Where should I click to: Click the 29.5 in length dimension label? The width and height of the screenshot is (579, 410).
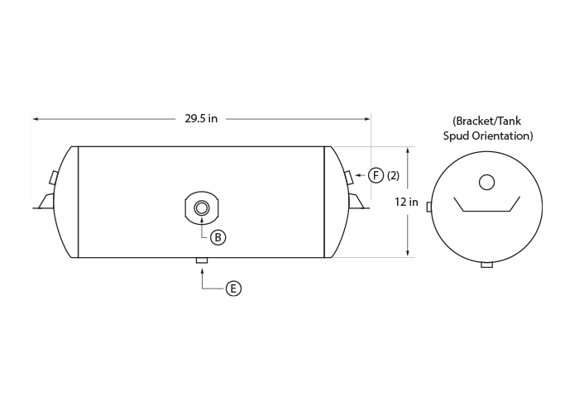(x=201, y=119)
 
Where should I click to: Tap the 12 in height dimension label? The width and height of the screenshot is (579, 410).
(x=406, y=202)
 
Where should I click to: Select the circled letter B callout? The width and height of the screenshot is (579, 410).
(x=218, y=237)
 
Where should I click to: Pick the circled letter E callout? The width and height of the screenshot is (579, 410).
(x=233, y=288)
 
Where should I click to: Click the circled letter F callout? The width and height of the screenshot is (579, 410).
(x=376, y=175)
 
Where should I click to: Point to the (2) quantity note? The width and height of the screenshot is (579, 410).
(x=393, y=176)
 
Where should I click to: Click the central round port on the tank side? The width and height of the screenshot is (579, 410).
(x=202, y=208)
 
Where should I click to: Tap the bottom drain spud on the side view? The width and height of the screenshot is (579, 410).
(x=202, y=260)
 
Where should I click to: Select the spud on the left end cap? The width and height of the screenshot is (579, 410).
(x=54, y=178)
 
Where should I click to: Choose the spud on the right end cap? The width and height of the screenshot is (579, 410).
(x=349, y=178)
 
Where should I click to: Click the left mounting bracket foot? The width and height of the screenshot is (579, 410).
(x=44, y=202)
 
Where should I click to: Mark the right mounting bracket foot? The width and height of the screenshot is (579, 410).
(x=358, y=202)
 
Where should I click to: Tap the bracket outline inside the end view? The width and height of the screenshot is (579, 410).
(x=486, y=211)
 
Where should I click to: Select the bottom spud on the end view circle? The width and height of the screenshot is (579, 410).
(x=486, y=265)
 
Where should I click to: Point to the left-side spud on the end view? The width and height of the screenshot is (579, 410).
(x=428, y=207)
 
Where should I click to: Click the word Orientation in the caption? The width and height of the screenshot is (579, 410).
(x=501, y=136)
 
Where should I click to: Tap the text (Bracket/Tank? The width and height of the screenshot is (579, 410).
(x=487, y=121)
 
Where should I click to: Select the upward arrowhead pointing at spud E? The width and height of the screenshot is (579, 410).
(x=202, y=271)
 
